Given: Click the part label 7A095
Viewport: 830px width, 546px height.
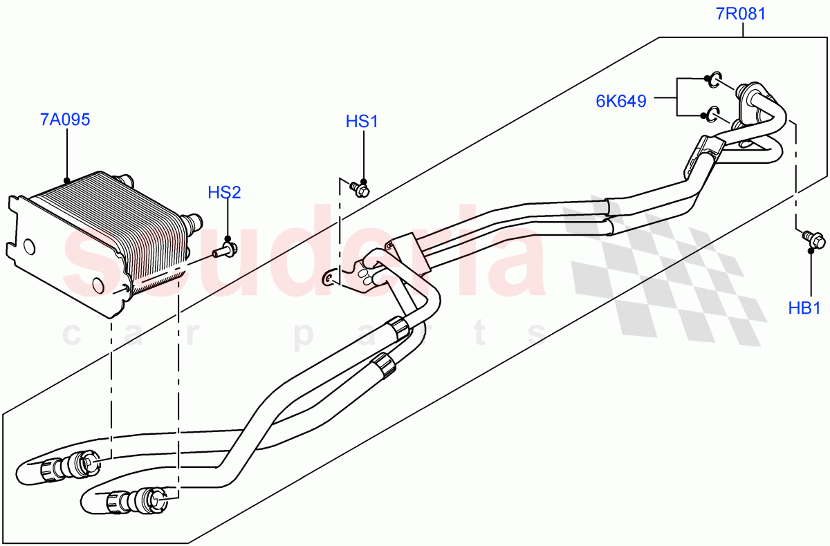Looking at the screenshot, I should tap(65, 120).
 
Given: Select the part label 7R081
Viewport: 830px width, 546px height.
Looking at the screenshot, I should tap(741, 13).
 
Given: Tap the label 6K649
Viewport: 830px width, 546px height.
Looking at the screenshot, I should tap(621, 101).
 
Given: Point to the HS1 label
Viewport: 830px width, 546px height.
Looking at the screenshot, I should tap(362, 122).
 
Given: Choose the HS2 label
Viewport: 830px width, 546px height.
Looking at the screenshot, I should tap(225, 192).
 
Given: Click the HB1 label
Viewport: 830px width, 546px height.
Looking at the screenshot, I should tap(804, 308).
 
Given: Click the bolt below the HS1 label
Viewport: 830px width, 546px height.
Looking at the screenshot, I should tap(359, 187).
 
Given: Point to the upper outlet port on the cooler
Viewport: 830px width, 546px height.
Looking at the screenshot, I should tap(126, 180).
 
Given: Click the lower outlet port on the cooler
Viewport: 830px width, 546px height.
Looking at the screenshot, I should tap(192, 222).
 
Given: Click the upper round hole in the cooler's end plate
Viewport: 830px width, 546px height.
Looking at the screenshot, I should tap(29, 247).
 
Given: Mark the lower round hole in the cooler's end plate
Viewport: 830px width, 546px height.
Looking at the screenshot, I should tap(97, 285).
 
